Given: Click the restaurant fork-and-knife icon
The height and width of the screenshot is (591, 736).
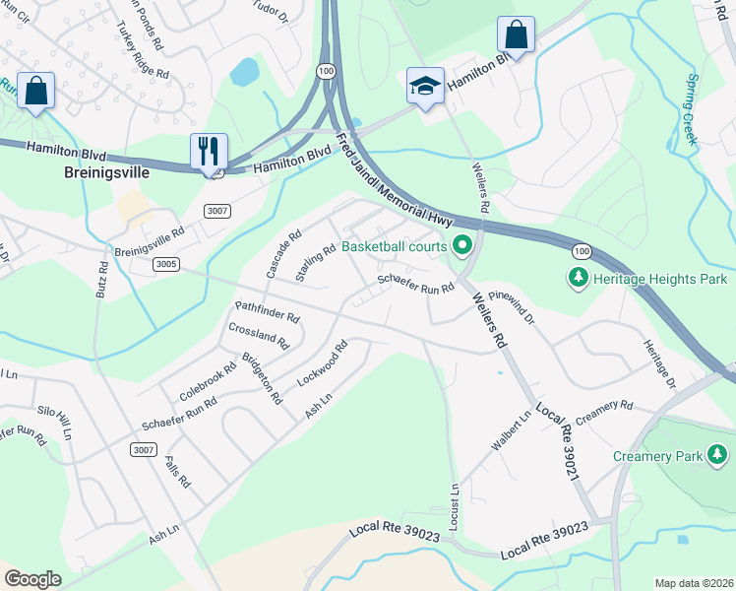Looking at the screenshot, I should [x=209, y=152].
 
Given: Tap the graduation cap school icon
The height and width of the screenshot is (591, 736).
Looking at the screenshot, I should [x=425, y=87].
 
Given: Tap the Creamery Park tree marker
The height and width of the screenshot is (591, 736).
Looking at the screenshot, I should [x=717, y=455].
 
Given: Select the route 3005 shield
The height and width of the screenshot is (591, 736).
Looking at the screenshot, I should [x=166, y=264].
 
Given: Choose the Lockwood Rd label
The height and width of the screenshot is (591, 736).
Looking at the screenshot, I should [x=323, y=364].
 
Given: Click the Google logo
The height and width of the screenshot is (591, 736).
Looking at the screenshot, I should [x=32, y=579].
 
